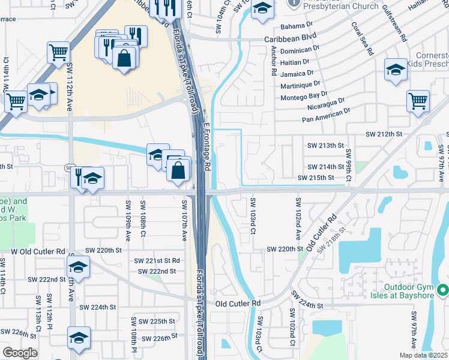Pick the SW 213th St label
(325, 145)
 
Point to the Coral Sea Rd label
(362, 39)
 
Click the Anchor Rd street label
(273, 61)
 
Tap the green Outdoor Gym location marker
(443, 291)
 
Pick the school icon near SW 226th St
(79, 338)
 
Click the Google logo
(20, 353)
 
